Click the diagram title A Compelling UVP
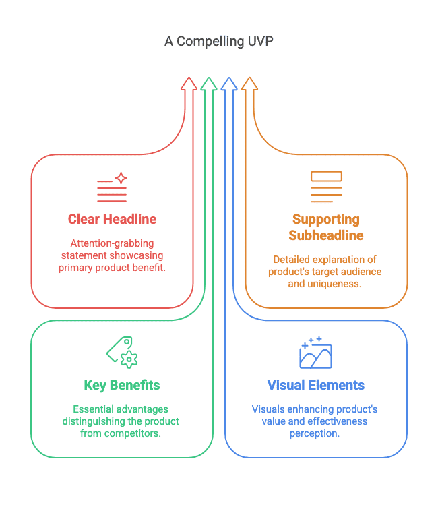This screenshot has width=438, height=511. (x=219, y=41)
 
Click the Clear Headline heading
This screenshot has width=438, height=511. (x=112, y=219)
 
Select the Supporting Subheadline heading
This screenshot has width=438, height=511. (x=326, y=227)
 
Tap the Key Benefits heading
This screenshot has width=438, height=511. (x=122, y=386)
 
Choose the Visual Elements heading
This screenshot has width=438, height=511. (x=315, y=386)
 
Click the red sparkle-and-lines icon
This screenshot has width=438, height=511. (x=112, y=187)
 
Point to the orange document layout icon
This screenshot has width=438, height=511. (x=326, y=187)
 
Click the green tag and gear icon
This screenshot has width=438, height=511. (x=122, y=352)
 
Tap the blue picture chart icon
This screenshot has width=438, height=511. (x=315, y=352)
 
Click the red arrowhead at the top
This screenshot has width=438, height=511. (x=189, y=84)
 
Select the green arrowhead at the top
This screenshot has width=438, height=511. (x=209, y=84)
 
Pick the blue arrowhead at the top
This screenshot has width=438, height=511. (x=229, y=84)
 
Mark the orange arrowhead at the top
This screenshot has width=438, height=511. (x=249, y=84)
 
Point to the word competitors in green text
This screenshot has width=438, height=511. (x=136, y=433)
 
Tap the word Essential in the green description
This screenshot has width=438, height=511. (x=94, y=409)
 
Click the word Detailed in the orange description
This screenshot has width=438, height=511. (x=292, y=260)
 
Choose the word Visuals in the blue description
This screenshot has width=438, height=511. (x=268, y=409)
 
